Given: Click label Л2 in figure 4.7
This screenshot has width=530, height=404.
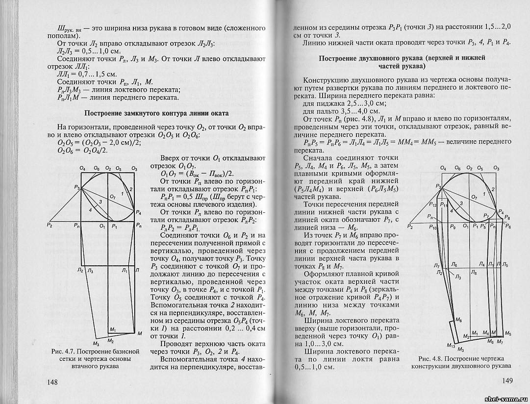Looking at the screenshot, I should coord(79,270).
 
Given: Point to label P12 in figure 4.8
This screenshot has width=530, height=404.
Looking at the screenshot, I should coord(432,204).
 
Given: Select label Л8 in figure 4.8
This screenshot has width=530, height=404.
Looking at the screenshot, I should coord(473,271).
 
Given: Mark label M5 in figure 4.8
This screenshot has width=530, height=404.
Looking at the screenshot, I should coord(507,333).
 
